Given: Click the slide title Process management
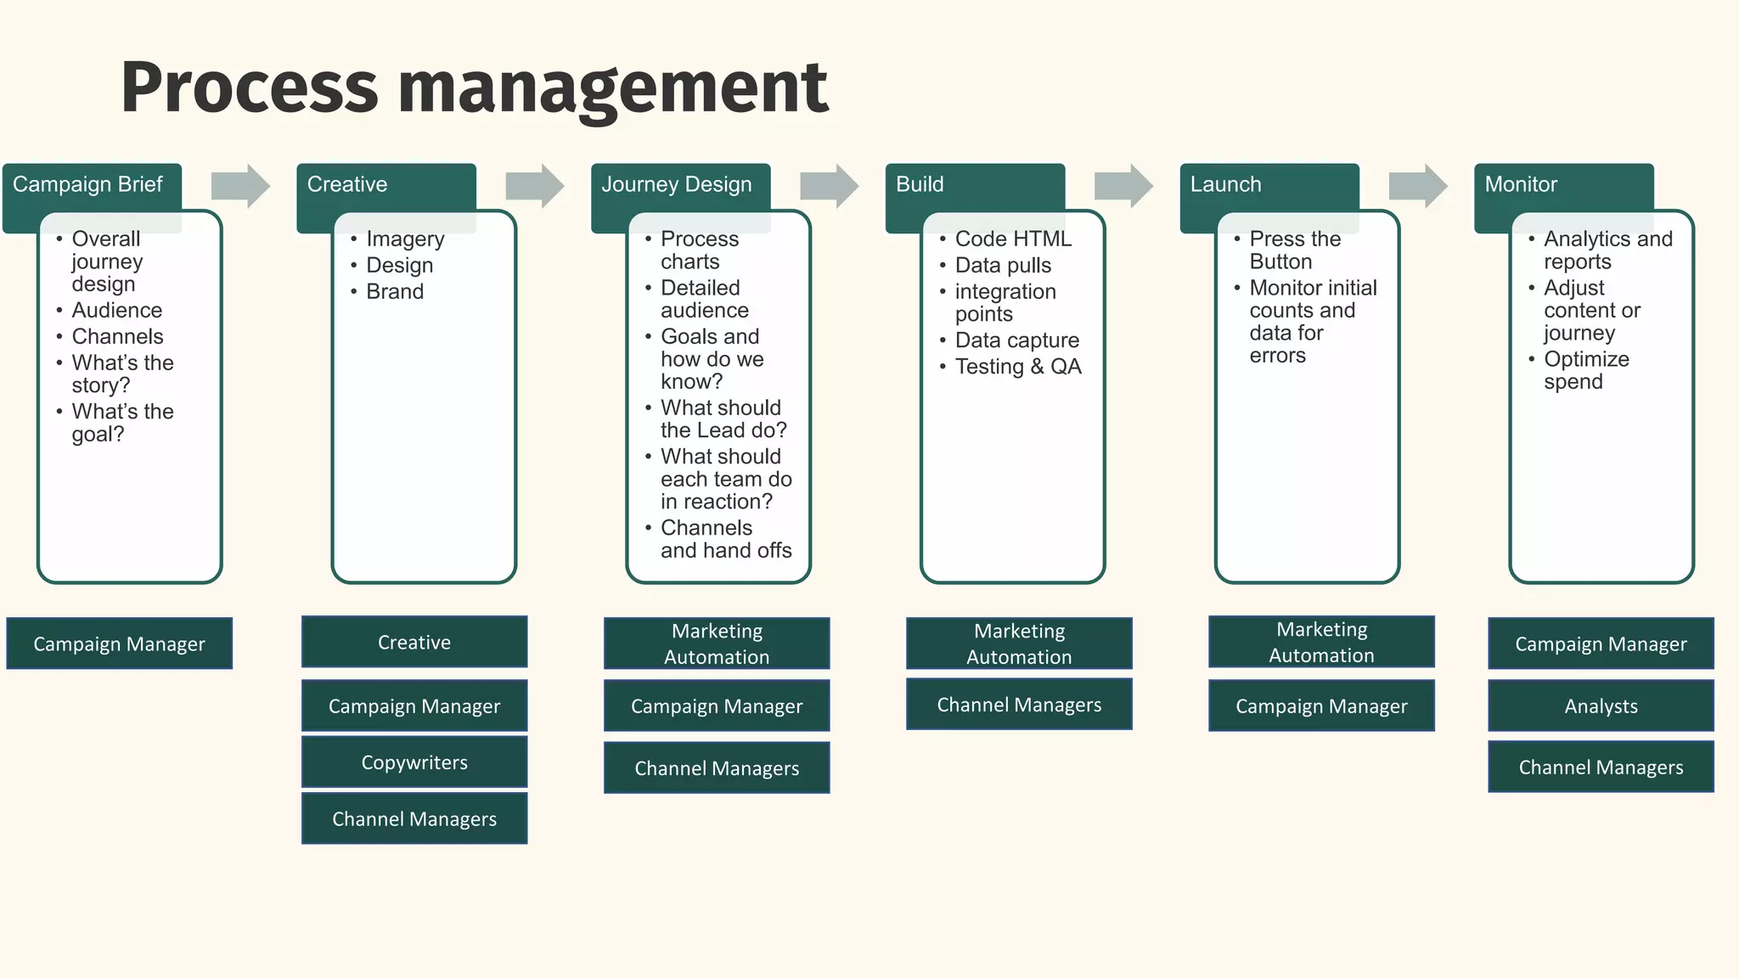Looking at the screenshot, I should tap(474, 87).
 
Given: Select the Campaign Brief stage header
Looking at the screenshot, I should tap(88, 185).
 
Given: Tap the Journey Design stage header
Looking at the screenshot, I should tap(677, 185).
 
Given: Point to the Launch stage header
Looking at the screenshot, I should tap(1226, 185).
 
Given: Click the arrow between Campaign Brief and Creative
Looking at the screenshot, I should tap(240, 185).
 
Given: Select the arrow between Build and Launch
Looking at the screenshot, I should tap(1123, 185).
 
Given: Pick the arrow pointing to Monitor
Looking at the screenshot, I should tap(1418, 185).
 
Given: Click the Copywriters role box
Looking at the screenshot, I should tap(414, 762).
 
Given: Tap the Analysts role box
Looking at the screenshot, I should tap(1601, 705).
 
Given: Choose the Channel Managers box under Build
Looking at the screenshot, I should tap(1019, 705).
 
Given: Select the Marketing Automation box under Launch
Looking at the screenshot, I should tap(1321, 643).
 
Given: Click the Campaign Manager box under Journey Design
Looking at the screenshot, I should tap(717, 705).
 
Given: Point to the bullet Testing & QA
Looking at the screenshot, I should tap(1018, 367).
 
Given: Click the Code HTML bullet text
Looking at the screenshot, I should tap(1013, 239).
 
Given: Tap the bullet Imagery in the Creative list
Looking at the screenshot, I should tap(405, 239).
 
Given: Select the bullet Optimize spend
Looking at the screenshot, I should tap(1585, 370).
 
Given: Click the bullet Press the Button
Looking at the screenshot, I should tap(1294, 250).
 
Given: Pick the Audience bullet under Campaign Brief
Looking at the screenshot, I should tap(116, 311).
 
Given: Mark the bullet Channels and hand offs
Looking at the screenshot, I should tap(725, 539).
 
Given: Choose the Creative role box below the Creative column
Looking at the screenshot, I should tap(414, 643).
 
